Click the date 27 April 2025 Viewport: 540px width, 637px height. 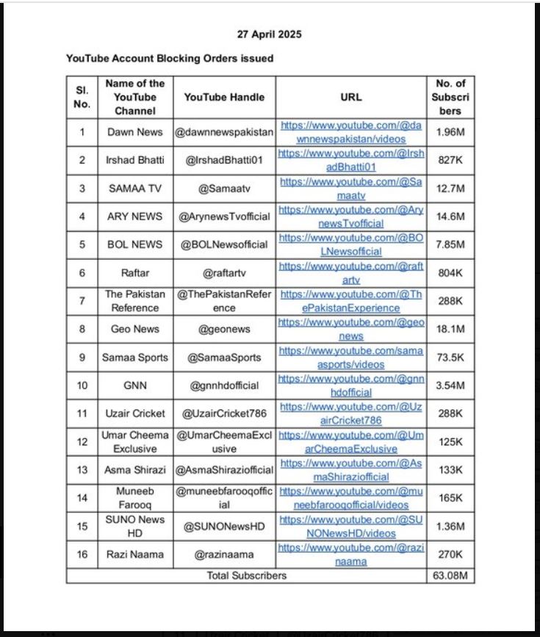coord(269,34)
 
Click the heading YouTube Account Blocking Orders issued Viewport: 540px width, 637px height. coord(170,58)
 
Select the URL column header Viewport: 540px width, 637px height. coord(351,97)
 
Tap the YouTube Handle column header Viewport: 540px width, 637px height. coord(224,97)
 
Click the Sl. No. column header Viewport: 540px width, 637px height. coord(82,97)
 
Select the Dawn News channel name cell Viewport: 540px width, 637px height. coord(134,132)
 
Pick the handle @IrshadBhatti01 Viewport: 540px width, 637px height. coord(224,160)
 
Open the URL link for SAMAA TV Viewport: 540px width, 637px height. coord(351,189)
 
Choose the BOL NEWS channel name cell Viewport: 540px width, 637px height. coord(134,244)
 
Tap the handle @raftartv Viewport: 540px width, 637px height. coord(224,273)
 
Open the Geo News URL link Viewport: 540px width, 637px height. coord(351,329)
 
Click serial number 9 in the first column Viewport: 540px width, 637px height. coord(82,357)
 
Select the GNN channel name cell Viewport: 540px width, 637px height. coord(134,385)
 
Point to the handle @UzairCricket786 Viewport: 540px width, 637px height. coord(224,414)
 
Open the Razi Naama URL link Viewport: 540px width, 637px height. coord(351,554)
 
